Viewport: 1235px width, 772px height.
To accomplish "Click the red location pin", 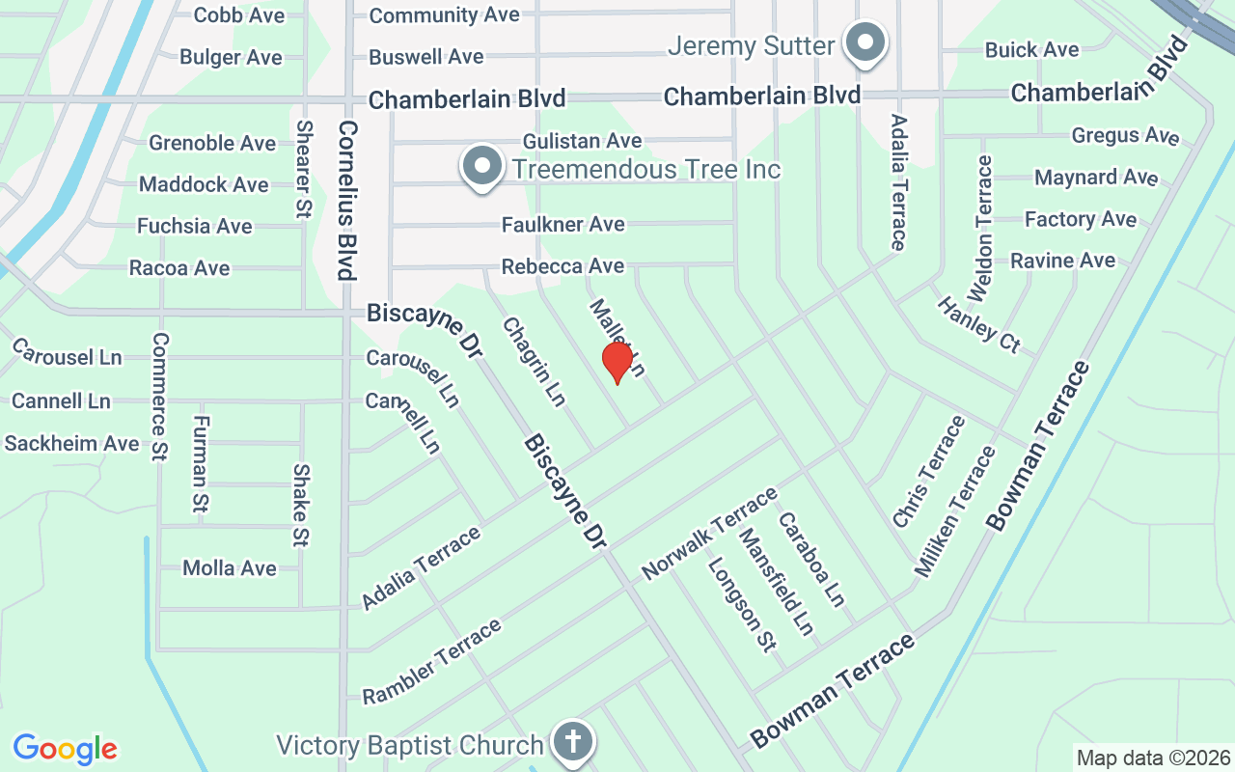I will pyautogui.click(x=617, y=362).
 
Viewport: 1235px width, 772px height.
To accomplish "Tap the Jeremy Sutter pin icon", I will pyautogui.click(x=865, y=44).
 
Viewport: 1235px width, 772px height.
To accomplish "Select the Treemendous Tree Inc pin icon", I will pyautogui.click(x=481, y=168).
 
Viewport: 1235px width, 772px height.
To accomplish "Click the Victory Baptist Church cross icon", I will pyautogui.click(x=573, y=742).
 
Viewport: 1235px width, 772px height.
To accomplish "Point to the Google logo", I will pyautogui.click(x=65, y=749).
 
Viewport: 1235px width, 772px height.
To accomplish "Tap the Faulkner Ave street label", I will pyautogui.click(x=563, y=225).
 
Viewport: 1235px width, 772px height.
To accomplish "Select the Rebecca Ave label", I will pyautogui.click(x=563, y=266).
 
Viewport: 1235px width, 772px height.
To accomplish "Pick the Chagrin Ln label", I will pyautogui.click(x=534, y=362).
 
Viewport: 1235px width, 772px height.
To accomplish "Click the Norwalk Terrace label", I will pyautogui.click(x=709, y=534).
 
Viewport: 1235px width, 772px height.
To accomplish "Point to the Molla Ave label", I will pyautogui.click(x=230, y=568).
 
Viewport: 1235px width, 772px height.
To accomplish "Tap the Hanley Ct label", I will pyautogui.click(x=978, y=324).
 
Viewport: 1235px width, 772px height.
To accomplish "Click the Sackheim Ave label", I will pyautogui.click(x=72, y=443).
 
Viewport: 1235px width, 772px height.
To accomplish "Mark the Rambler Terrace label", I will pyautogui.click(x=432, y=661).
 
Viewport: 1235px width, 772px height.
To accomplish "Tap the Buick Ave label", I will pyautogui.click(x=1031, y=50).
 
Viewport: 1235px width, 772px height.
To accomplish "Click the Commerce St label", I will pyautogui.click(x=160, y=397).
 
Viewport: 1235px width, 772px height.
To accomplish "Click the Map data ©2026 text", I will pyautogui.click(x=1153, y=758).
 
